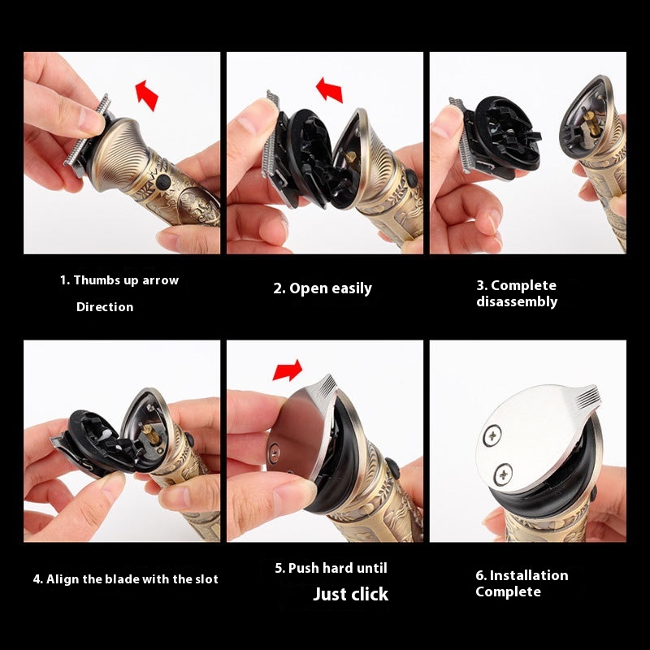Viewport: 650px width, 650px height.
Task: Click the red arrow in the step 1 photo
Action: (x=147, y=95)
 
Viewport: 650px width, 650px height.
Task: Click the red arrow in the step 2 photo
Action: (x=330, y=90)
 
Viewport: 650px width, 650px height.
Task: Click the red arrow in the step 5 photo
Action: (x=288, y=370)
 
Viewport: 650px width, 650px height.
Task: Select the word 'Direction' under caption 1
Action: (x=105, y=307)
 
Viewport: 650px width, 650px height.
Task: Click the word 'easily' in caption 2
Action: (x=351, y=288)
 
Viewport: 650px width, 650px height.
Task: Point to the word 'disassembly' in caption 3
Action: (x=517, y=301)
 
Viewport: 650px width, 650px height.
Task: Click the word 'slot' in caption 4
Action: (x=206, y=578)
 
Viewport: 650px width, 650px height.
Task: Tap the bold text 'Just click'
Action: (x=351, y=594)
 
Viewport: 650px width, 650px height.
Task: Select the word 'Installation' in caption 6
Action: (x=529, y=575)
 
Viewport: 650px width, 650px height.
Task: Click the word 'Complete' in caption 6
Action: (x=509, y=591)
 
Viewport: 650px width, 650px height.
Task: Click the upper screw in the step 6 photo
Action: (x=492, y=435)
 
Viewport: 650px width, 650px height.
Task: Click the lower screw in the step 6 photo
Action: (x=504, y=474)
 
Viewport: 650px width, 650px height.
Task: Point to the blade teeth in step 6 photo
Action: (x=588, y=394)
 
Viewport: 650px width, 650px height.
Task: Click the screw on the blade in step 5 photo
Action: (x=274, y=449)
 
